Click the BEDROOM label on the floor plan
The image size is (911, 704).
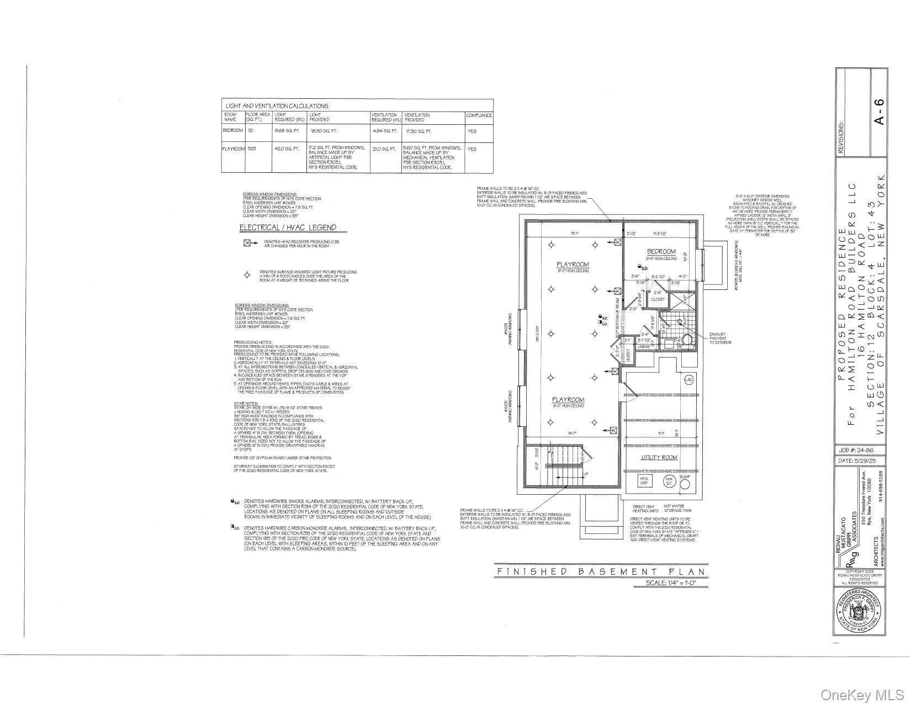[661, 252]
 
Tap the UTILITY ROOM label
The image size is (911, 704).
[659, 458]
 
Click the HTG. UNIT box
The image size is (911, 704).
[644, 480]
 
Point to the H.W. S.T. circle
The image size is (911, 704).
[669, 480]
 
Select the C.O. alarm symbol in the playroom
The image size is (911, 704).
[600, 323]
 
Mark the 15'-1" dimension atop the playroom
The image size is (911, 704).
[574, 233]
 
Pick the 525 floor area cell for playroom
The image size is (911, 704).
[252, 149]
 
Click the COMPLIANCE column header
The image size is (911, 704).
[479, 115]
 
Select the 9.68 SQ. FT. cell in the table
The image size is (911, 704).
[287, 131]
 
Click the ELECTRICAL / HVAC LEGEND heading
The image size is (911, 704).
[287, 227]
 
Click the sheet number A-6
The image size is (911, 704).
[879, 111]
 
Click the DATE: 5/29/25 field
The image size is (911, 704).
[861, 460]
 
